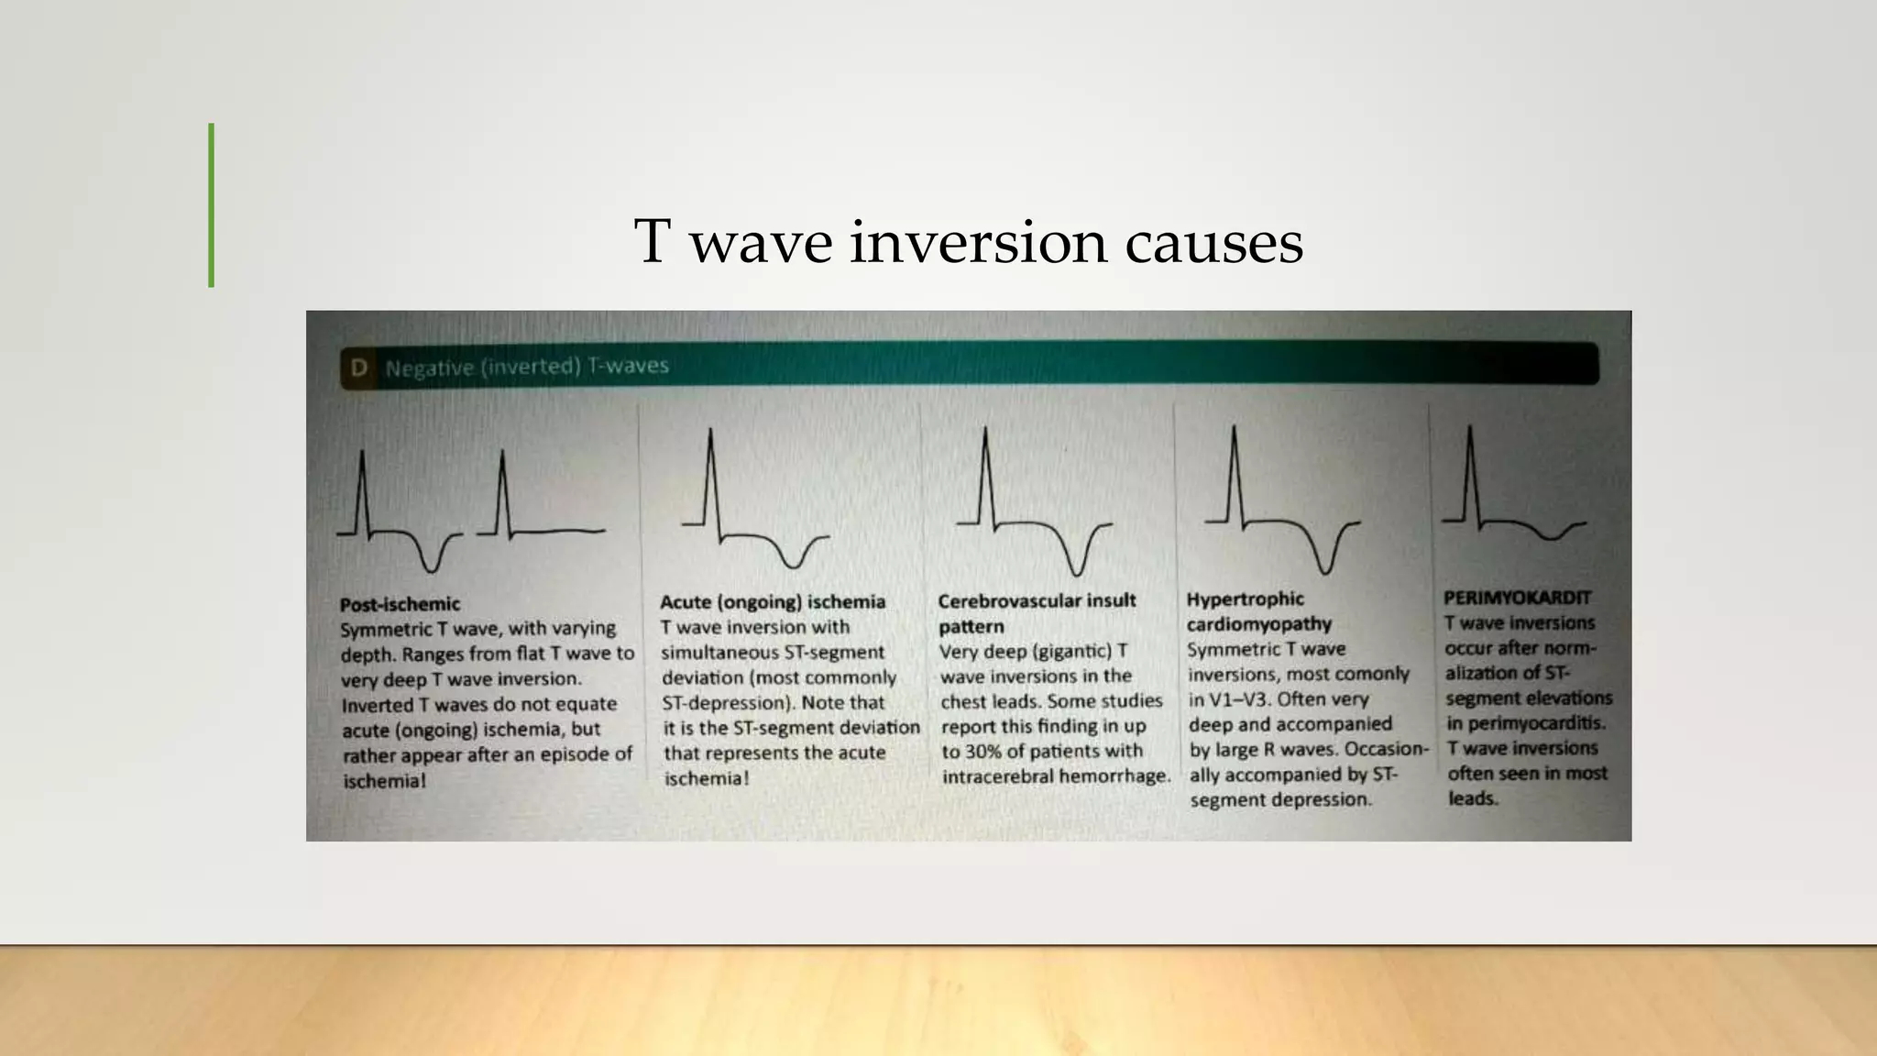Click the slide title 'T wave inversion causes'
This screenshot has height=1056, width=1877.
[968, 242]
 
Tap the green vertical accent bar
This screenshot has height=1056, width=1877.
[212, 205]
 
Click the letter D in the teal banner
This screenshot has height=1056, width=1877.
[359, 368]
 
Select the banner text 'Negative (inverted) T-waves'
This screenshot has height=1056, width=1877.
[527, 367]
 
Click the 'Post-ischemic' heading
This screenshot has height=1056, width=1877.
[400, 604]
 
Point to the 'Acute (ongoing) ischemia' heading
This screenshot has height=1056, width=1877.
[773, 602]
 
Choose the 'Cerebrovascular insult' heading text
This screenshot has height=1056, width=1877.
[1037, 600]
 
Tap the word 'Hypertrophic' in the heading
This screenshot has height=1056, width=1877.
[1245, 599]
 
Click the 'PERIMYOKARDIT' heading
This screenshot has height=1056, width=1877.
[1517, 598]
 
